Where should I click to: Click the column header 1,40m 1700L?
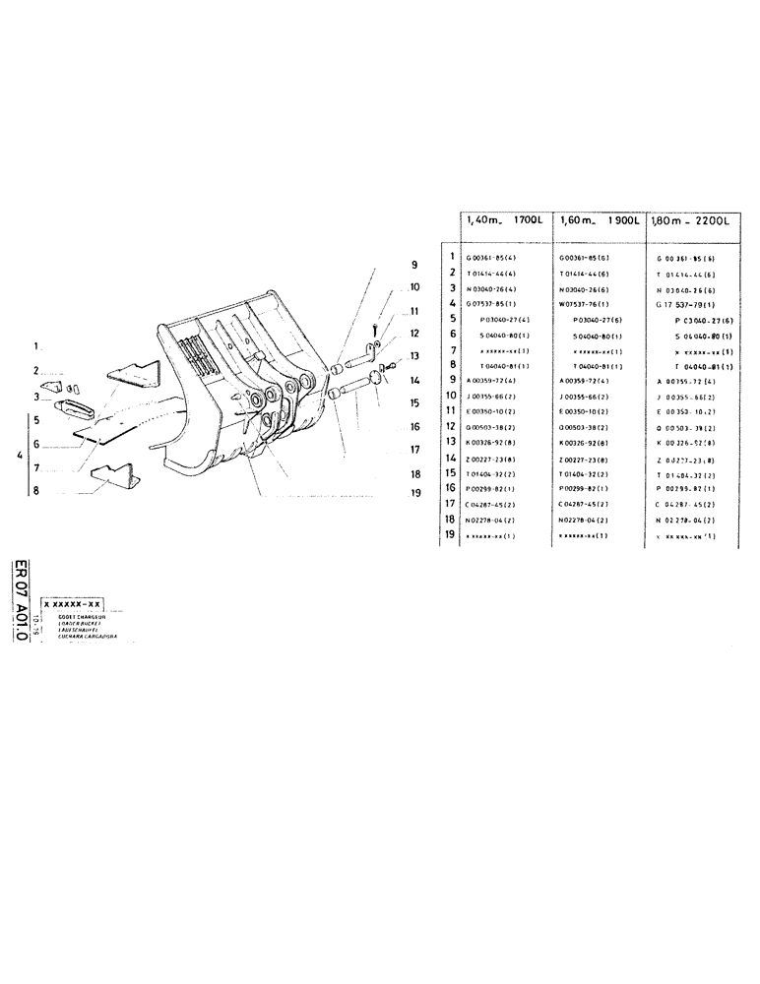point(506,221)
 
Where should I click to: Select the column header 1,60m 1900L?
point(599,221)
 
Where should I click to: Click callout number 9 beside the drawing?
point(414,264)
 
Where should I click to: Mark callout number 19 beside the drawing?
point(414,492)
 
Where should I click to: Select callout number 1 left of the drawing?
point(35,346)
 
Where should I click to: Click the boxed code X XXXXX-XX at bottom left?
point(73,603)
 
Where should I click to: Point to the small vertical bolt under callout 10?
point(376,328)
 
